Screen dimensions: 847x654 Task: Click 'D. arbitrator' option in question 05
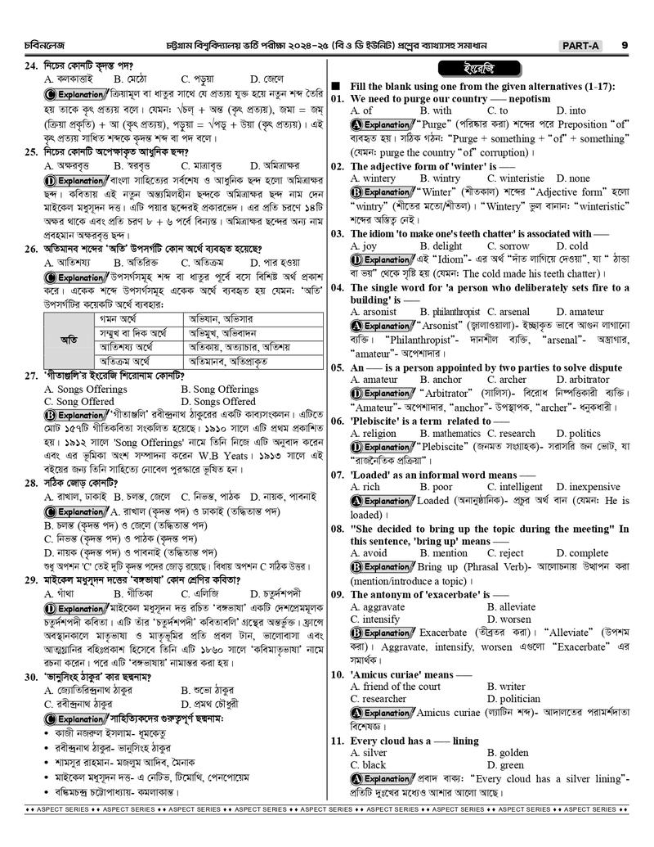point(583,380)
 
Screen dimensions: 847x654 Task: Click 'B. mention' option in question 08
point(444,553)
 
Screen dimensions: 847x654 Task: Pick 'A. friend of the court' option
point(396,687)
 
